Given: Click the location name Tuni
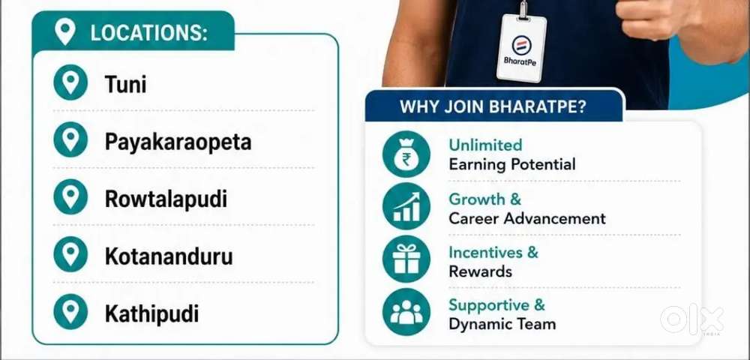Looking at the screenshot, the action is click(125, 85).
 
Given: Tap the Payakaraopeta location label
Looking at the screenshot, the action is click(178, 142).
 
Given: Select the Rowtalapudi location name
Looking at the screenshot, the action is click(166, 199).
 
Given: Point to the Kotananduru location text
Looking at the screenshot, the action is click(169, 256).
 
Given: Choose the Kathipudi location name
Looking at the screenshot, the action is click(151, 314).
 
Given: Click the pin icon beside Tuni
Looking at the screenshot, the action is click(70, 82).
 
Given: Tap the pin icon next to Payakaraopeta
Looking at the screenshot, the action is click(70, 139).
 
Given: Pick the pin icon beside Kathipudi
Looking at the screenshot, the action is click(70, 312).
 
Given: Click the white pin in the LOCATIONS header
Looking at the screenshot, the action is click(65, 31).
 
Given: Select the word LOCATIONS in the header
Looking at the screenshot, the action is click(148, 34).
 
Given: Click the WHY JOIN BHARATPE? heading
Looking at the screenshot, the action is click(493, 106).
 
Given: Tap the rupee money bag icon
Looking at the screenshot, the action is click(406, 154).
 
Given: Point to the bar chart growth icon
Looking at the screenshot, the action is click(406, 206).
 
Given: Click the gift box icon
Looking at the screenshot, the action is click(406, 259).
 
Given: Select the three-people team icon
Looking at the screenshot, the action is click(406, 312).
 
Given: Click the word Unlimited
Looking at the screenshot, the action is click(485, 145).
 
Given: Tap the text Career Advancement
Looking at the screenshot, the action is click(527, 218).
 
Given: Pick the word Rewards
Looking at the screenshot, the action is click(480, 271).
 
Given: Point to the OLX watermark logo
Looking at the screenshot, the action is click(691, 319).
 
